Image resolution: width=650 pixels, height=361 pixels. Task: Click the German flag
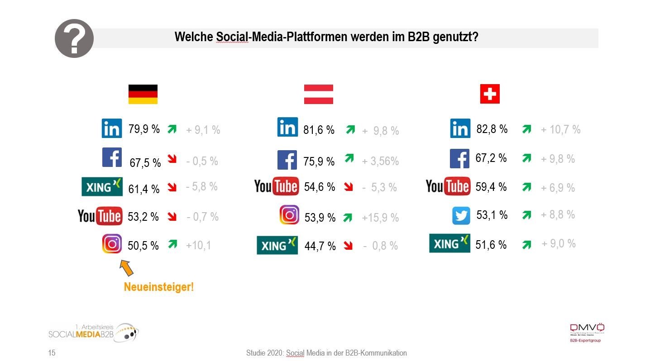(143, 94)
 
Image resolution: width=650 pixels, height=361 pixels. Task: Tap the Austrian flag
(318, 94)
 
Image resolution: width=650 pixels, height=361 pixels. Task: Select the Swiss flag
(490, 94)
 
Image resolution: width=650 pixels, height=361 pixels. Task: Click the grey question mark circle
(74, 39)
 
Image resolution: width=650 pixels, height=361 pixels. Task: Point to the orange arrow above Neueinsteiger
(126, 267)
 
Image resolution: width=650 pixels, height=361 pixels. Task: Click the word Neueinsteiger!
(158, 287)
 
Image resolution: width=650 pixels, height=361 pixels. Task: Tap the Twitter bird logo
(461, 216)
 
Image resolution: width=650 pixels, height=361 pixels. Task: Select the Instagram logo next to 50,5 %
(112, 244)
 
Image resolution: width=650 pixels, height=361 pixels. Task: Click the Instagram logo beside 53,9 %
(289, 215)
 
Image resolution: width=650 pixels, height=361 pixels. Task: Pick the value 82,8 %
(492, 129)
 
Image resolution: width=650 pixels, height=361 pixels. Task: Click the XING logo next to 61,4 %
(102, 187)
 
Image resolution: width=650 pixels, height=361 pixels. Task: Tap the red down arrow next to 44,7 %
(348, 246)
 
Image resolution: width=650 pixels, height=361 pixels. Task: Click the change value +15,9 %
(380, 218)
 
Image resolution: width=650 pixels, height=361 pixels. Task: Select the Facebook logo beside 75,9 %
(287, 160)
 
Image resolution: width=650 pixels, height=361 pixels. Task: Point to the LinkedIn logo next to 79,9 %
(111, 128)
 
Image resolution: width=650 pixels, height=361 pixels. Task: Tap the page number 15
(52, 353)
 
